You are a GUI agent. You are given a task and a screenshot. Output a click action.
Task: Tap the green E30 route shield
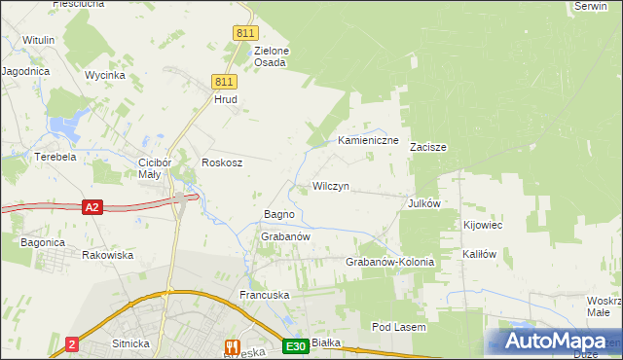(x=297, y=346)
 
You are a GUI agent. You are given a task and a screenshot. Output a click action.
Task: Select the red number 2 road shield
(x=72, y=344)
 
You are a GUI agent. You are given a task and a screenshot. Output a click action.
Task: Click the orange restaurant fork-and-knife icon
(x=232, y=345)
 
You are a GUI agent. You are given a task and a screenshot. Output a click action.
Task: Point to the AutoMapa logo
(x=554, y=342)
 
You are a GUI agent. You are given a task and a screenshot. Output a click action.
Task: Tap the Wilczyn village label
(x=330, y=185)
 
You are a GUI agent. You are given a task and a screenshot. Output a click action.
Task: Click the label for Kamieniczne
(x=369, y=141)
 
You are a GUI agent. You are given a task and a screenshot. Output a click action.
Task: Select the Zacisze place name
(x=427, y=148)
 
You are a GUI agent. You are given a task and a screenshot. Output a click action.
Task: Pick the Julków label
(x=425, y=203)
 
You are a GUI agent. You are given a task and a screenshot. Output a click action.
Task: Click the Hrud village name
(x=226, y=99)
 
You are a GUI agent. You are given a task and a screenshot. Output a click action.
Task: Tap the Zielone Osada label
(x=270, y=56)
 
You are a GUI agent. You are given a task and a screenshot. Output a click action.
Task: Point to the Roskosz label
(x=221, y=162)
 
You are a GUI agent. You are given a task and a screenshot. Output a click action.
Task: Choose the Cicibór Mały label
(x=155, y=168)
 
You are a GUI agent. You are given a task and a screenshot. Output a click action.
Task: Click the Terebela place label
(x=55, y=156)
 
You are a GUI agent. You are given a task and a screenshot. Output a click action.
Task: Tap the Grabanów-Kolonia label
(x=389, y=263)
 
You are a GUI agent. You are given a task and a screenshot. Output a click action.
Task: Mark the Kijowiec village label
(x=483, y=225)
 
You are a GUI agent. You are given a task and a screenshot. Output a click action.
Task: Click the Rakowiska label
(x=108, y=255)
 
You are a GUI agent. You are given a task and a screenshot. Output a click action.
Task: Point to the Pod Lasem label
(x=399, y=328)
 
